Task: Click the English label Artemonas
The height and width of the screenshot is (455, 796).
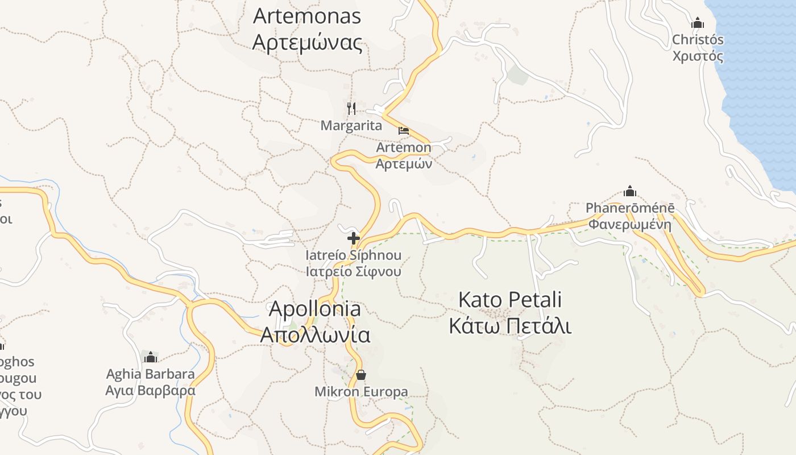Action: [x=307, y=16]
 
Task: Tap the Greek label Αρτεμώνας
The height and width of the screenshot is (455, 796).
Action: [x=307, y=43]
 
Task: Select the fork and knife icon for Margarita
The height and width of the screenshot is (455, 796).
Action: [x=351, y=107]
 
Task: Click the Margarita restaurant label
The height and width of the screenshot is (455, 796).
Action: [x=351, y=126]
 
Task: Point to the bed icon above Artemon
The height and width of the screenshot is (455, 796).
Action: [x=403, y=131]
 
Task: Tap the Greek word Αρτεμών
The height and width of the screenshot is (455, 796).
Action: [x=404, y=164]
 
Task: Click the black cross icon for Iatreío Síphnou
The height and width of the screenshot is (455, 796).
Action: [x=354, y=238]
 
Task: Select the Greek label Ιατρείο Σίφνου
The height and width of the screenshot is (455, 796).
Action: [x=354, y=271]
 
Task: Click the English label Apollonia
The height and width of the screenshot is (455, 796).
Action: [x=314, y=309]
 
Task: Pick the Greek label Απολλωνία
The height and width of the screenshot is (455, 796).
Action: [x=315, y=335]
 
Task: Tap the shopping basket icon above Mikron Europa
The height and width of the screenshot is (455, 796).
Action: [x=360, y=375]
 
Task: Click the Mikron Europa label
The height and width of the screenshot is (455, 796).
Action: [x=361, y=392]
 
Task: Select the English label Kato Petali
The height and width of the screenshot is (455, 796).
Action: [x=510, y=299]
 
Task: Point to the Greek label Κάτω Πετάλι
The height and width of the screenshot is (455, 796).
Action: [x=510, y=326]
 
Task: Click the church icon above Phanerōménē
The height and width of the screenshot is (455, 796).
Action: [x=630, y=191]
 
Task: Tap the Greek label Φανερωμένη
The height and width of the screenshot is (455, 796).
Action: [x=630, y=224]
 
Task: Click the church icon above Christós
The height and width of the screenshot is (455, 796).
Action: [x=698, y=23]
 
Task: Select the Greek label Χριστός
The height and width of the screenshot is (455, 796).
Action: [x=698, y=56]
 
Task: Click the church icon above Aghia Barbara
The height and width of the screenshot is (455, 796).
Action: [x=151, y=357]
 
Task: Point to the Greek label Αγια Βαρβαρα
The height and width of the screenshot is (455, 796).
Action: [x=151, y=391]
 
